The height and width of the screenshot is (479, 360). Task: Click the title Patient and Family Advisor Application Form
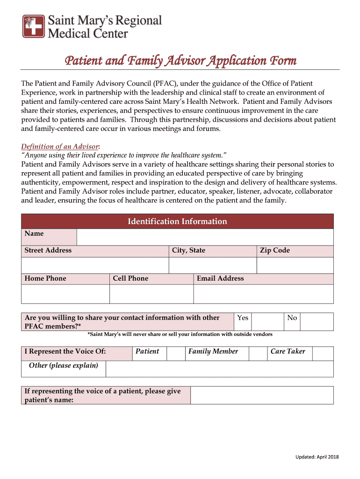180,61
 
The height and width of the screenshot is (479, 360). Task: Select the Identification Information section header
177,221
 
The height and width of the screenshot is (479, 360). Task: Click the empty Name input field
205,237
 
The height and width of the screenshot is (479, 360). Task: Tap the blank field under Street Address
95,265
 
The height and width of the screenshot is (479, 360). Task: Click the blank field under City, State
212,265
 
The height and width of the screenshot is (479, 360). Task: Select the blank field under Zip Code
295,265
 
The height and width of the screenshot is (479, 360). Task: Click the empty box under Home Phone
65,294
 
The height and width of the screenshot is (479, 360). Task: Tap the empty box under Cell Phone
151,294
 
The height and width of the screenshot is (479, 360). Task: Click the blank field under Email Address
263,294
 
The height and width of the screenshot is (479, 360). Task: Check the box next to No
317,322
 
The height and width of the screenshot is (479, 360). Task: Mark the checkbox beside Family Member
258,354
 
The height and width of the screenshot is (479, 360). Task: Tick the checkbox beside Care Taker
323,354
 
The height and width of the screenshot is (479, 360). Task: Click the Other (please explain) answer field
219,369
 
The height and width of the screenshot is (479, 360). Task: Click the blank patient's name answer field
262,395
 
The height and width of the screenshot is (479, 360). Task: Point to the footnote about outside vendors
180,334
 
